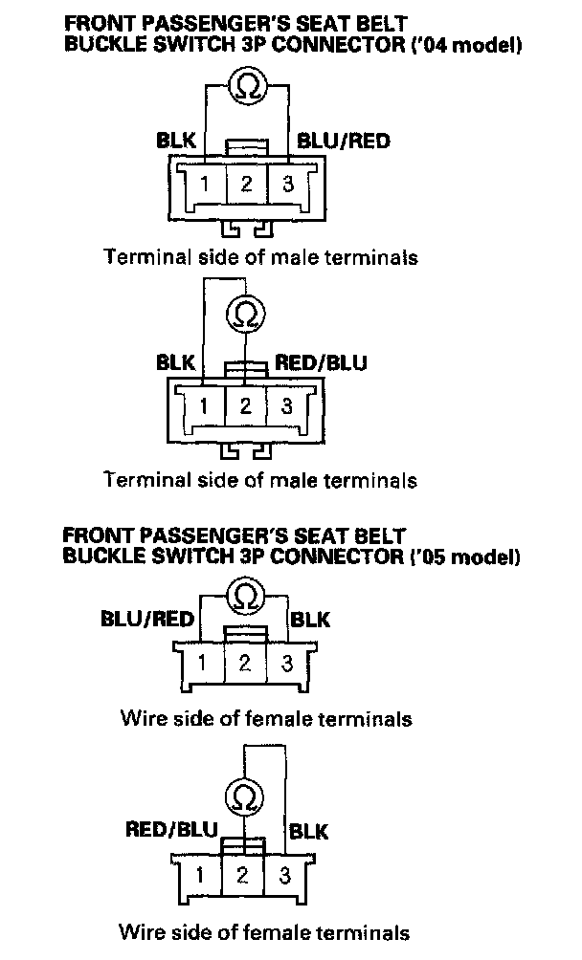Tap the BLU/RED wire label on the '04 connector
tap(344, 142)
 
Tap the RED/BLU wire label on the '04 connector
tap(321, 362)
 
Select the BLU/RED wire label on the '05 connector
tap(146, 619)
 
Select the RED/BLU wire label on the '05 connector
tap(171, 829)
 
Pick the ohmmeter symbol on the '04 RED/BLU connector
tap(245, 313)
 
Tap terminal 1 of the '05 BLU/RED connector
tap(202, 663)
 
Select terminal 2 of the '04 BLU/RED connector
tap(246, 184)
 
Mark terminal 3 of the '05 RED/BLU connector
tap(284, 873)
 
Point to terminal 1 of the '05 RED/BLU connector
tap(201, 873)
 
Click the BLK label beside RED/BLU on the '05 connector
tap(308, 830)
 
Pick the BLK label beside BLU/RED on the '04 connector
tap(176, 142)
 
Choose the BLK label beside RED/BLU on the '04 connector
tap(176, 362)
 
